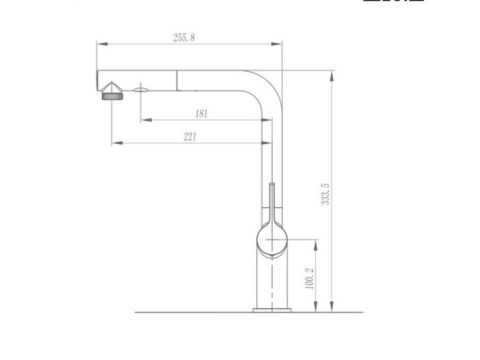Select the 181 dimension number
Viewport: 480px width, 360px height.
(x=201, y=113)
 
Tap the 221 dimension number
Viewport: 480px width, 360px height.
(x=190, y=138)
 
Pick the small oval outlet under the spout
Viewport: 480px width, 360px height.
(x=141, y=90)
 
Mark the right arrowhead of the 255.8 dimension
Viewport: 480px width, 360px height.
(x=280, y=44)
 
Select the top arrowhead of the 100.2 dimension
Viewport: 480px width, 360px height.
(x=317, y=242)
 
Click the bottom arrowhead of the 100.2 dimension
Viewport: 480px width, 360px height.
(x=317, y=306)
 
